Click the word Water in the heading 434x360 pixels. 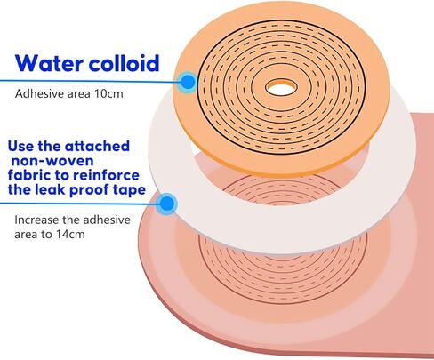pyautogui.click(x=49, y=63)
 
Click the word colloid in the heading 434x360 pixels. pyautogui.click(x=125, y=63)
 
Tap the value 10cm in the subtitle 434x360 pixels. pyautogui.click(x=108, y=93)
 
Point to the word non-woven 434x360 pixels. pyautogui.click(x=52, y=161)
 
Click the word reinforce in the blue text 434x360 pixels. pyautogui.click(x=107, y=175)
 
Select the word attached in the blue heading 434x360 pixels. pyautogui.click(x=97, y=146)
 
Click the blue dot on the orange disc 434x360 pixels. pyautogui.click(x=188, y=82)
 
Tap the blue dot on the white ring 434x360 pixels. pyautogui.click(x=167, y=204)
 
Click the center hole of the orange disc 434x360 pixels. pyautogui.click(x=281, y=88)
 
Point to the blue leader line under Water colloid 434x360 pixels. pyautogui.click(x=90, y=81)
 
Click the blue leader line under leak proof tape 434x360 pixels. pyautogui.click(x=80, y=204)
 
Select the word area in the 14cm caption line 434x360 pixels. pyautogui.click(x=26, y=235)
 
